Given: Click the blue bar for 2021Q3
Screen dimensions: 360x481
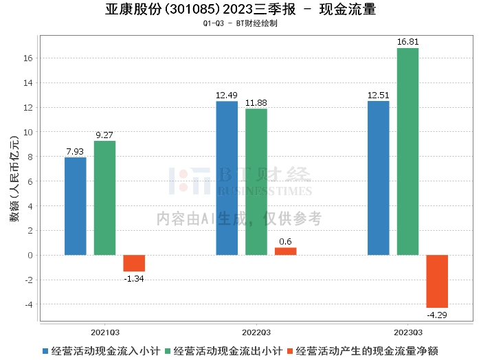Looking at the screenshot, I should [76, 206].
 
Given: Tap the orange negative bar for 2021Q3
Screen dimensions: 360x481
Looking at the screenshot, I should [134, 263].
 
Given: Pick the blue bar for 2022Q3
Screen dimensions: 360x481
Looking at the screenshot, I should [227, 178].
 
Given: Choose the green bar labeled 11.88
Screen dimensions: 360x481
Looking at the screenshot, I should [256, 181].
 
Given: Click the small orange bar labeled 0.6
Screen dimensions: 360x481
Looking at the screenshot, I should [285, 251].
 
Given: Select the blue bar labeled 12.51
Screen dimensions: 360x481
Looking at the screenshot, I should [379, 178].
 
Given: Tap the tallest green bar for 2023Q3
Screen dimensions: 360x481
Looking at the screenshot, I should [407, 151].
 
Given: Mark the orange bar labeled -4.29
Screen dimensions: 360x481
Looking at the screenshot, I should [437, 281].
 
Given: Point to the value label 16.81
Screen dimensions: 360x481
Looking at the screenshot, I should [407, 43].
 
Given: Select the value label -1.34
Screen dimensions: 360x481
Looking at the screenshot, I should [134, 278].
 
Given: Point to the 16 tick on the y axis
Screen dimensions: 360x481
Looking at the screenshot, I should [30, 58].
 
